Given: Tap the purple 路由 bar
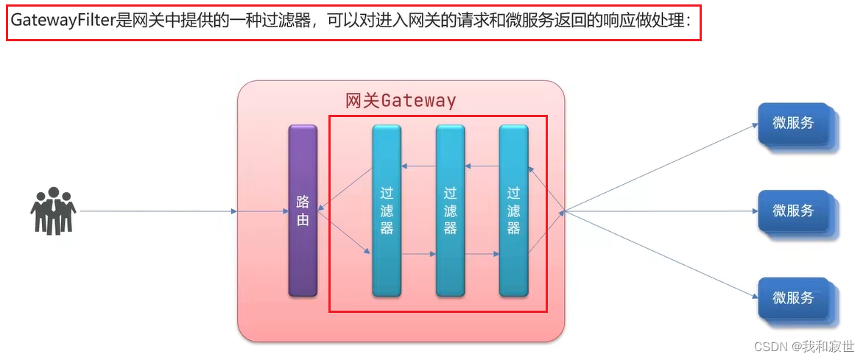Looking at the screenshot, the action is click(x=303, y=211).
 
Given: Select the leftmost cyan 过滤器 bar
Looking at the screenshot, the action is click(x=387, y=211).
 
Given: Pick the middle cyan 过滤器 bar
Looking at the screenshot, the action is click(x=451, y=211).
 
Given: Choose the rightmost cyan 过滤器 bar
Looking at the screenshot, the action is click(x=514, y=211).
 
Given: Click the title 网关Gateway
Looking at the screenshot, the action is click(x=401, y=100).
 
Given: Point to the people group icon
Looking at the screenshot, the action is click(x=54, y=211).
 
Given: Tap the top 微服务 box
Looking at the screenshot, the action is click(x=794, y=124).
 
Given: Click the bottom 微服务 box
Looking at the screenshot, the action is click(x=794, y=297).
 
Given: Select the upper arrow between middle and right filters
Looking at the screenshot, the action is click(x=482, y=166).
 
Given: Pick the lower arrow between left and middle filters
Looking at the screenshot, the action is click(x=418, y=255).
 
